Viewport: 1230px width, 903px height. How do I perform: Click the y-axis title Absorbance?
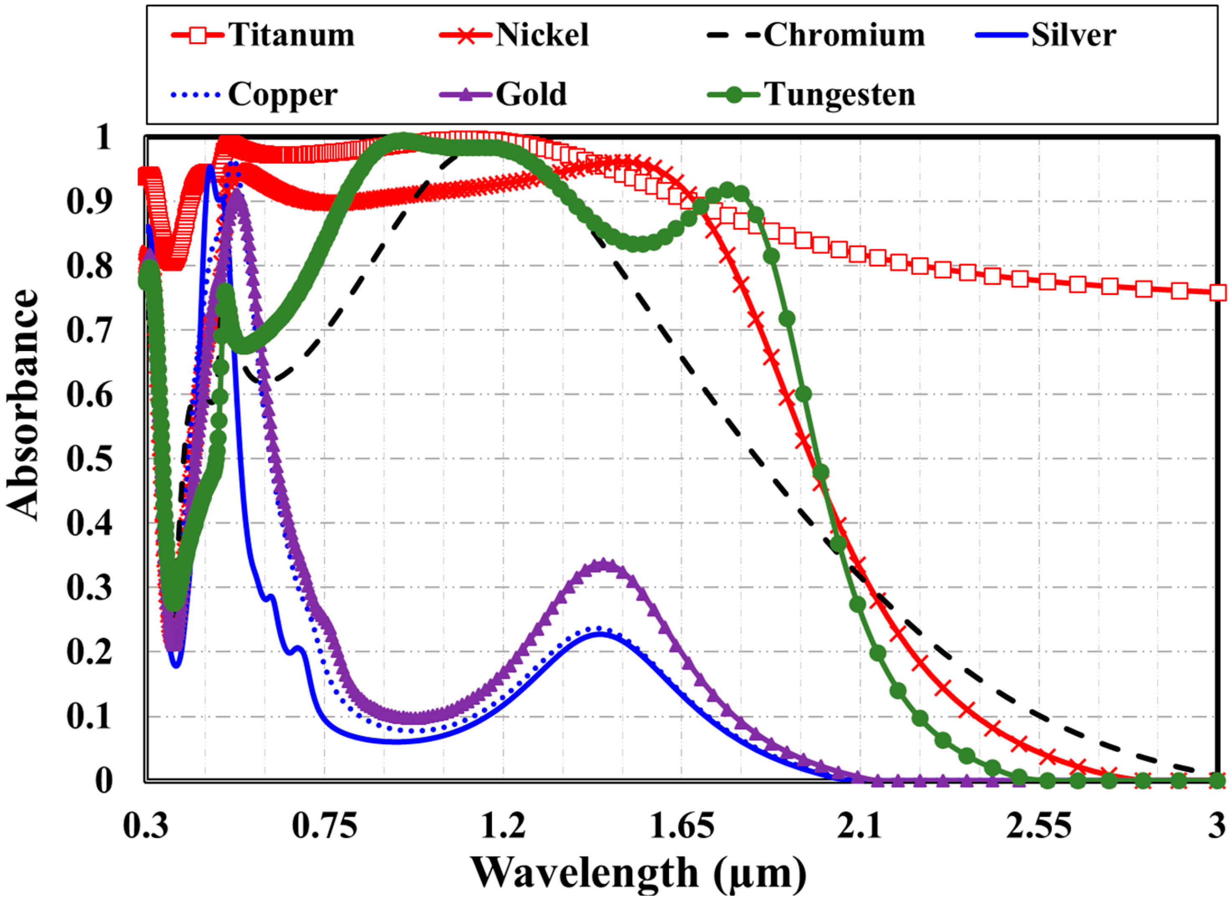coord(23,404)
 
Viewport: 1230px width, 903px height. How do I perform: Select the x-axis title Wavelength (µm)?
coord(638,873)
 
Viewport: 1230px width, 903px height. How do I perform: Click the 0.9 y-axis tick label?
coord(89,201)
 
